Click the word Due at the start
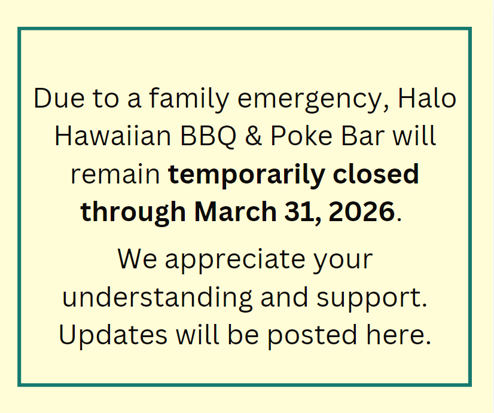(x=59, y=98)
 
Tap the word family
(x=189, y=99)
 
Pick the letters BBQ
(x=208, y=136)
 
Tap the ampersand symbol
(x=254, y=136)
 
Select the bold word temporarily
(x=246, y=176)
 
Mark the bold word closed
(x=376, y=173)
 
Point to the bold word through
(x=133, y=213)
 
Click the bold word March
(x=236, y=211)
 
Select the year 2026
(x=361, y=211)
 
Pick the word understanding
(x=157, y=298)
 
